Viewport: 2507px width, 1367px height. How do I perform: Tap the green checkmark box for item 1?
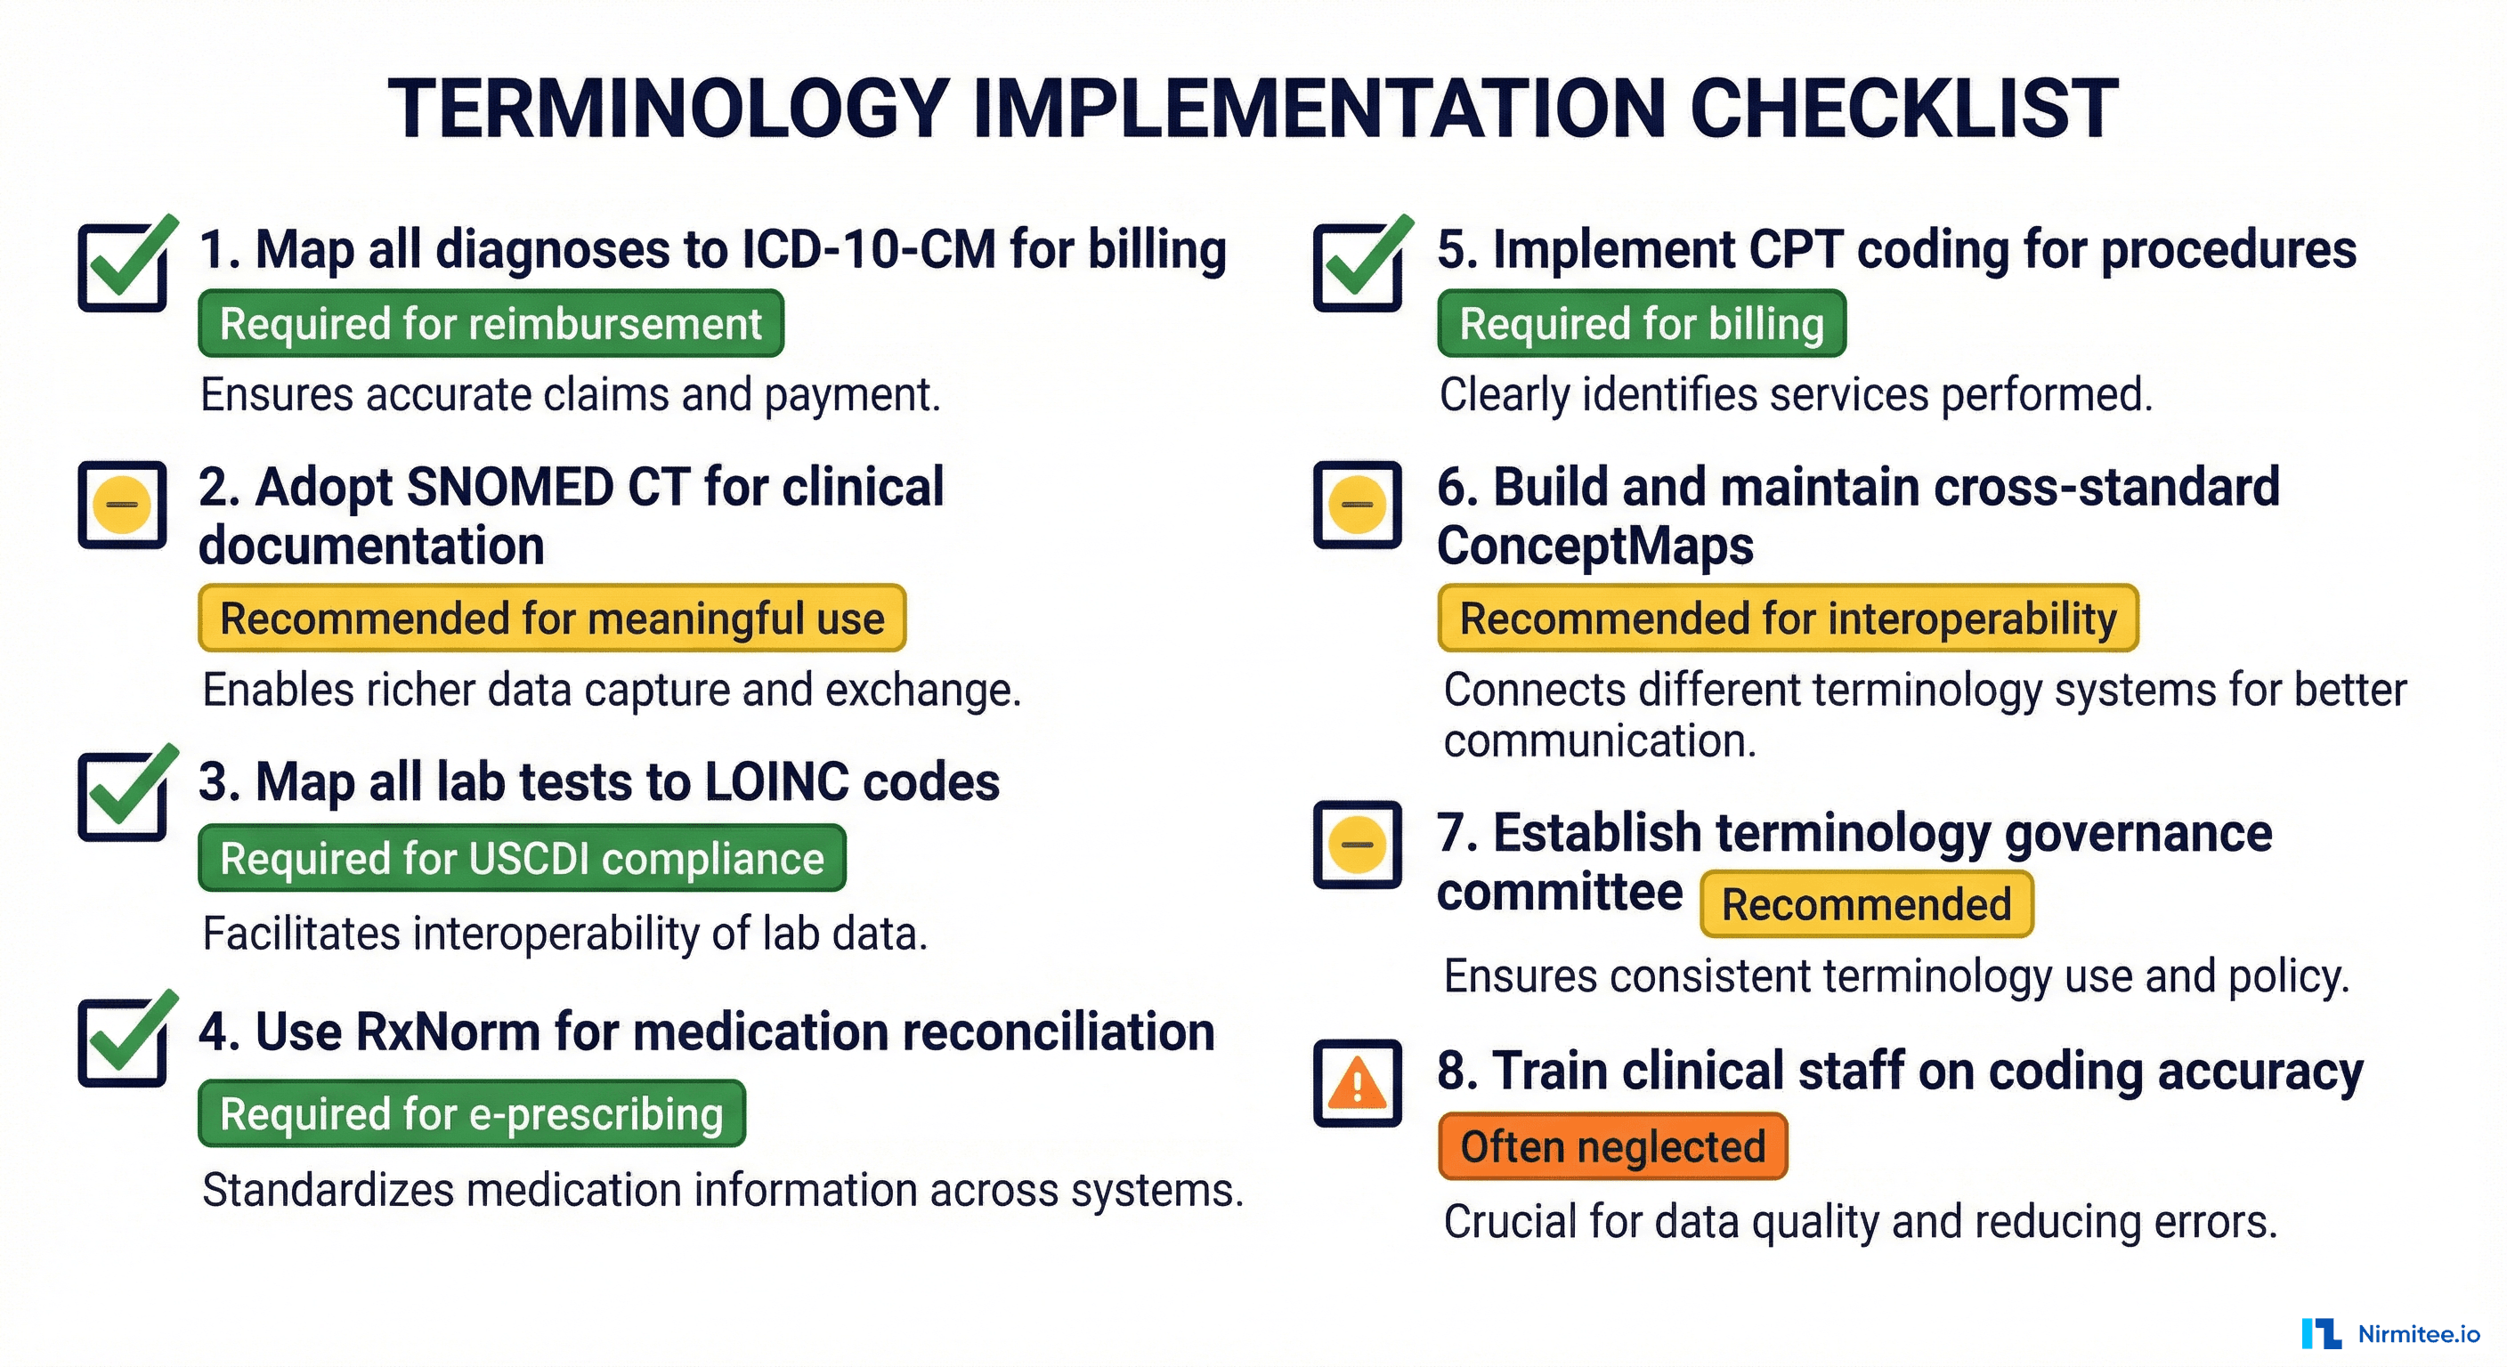(x=124, y=267)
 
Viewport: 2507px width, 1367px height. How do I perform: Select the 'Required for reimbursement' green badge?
(x=491, y=324)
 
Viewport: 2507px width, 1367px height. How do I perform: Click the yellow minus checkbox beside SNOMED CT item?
(x=123, y=505)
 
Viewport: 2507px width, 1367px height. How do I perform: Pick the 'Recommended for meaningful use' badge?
(x=552, y=619)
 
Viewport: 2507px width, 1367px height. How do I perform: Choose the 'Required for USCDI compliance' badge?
(x=522, y=859)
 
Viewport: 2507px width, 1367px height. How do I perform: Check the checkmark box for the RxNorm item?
(x=124, y=1042)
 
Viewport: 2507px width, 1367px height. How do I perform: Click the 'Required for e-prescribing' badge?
(x=471, y=1114)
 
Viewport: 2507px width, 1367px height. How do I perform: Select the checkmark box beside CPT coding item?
(x=1358, y=267)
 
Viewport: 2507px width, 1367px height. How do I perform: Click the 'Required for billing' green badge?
(x=1642, y=324)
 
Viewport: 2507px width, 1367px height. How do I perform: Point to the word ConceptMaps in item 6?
(x=1595, y=546)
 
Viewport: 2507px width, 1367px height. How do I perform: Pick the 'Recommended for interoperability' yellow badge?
(x=1788, y=619)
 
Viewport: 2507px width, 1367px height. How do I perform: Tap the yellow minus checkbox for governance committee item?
(x=1358, y=845)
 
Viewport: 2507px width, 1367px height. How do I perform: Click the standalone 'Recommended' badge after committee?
(x=1867, y=905)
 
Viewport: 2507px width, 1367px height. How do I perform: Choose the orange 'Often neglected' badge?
(x=1612, y=1147)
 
